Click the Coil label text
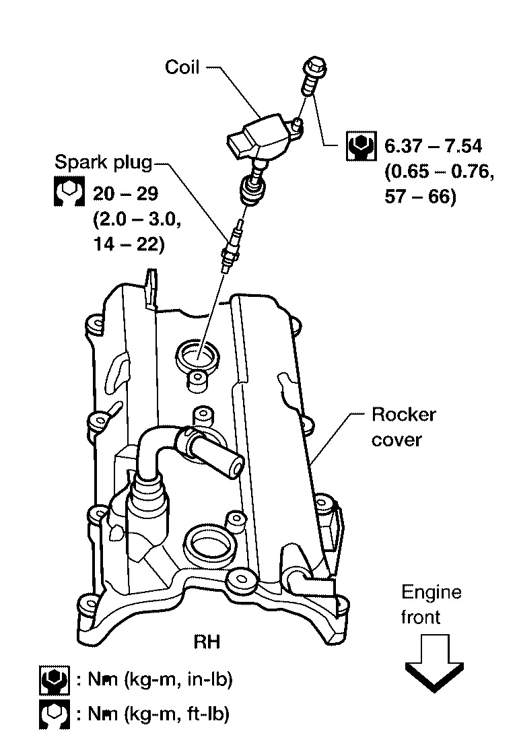click(182, 67)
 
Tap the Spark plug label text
click(103, 162)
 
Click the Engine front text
click(432, 604)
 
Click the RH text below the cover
click(207, 642)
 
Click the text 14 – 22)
click(127, 246)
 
